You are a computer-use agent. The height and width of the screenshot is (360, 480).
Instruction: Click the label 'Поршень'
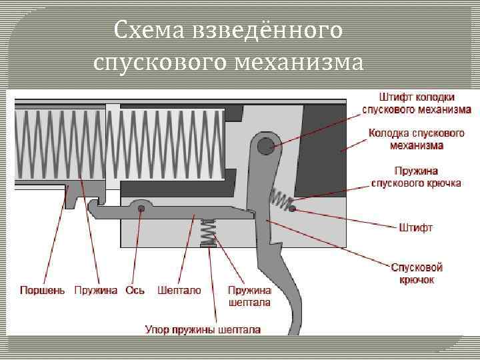point(43,291)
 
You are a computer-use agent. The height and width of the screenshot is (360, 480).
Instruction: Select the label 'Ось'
point(135,291)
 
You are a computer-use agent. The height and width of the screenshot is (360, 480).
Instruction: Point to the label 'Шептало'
point(179,291)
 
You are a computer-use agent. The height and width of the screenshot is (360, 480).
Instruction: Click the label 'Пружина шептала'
point(249,297)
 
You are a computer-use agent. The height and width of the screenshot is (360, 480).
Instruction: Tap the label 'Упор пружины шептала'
point(203,329)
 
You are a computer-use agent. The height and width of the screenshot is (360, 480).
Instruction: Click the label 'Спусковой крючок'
point(417,274)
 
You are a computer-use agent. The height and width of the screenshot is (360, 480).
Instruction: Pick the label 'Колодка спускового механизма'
point(417,139)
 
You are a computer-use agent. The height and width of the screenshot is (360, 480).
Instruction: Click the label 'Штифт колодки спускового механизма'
point(417,103)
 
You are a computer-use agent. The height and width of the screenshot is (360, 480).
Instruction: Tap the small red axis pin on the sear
point(141,209)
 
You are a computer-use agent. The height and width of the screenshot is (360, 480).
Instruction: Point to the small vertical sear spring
point(209,232)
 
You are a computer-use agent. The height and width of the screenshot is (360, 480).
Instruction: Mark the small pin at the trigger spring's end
point(292,209)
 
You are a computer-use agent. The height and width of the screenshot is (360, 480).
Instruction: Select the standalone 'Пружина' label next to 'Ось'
point(96,291)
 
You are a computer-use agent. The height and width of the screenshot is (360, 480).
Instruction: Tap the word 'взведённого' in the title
point(267,29)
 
